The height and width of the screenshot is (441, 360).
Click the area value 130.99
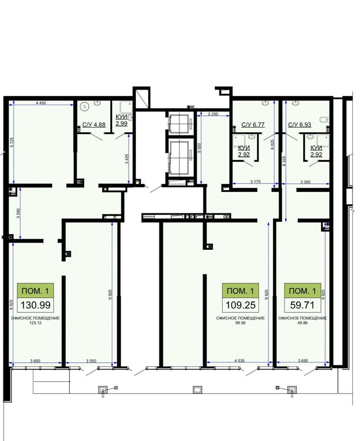(x=35, y=305)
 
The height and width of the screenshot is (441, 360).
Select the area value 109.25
(x=241, y=305)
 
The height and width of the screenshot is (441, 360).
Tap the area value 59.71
(x=302, y=305)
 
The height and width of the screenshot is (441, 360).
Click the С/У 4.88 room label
(x=94, y=125)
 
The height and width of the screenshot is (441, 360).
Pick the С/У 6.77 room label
(x=253, y=125)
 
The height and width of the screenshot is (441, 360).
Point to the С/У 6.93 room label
(x=299, y=125)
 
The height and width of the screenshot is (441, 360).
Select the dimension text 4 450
(x=41, y=103)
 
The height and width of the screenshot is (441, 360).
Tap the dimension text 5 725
(x=12, y=143)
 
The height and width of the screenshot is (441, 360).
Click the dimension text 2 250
(x=213, y=114)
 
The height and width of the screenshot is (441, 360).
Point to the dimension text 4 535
(x=239, y=360)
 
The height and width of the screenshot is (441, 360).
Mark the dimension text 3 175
(x=255, y=182)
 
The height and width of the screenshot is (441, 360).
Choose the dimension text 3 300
(x=305, y=182)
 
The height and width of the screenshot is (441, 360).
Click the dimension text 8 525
(x=11, y=305)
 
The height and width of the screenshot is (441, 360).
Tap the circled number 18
(x=84, y=106)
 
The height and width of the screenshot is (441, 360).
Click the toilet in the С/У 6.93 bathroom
(x=324, y=119)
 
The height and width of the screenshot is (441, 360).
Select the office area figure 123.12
(x=35, y=323)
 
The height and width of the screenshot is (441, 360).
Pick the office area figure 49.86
(x=303, y=323)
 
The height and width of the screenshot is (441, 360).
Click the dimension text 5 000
(x=199, y=148)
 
